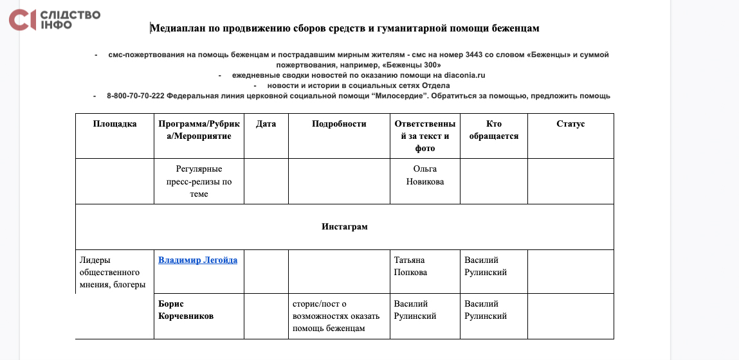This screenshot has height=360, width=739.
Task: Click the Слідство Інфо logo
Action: point(54,20)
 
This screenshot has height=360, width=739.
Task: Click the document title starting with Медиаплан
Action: point(344,28)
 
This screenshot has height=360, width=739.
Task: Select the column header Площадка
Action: point(114,124)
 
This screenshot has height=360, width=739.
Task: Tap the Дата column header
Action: point(266,124)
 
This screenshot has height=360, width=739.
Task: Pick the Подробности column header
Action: point(339,124)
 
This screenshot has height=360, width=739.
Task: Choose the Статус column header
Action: point(570,124)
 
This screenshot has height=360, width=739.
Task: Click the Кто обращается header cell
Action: point(493,130)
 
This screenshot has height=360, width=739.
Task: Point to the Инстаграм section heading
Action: point(344,226)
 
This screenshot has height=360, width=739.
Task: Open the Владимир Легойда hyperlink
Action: point(197,260)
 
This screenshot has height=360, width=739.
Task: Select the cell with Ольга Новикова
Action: point(424,175)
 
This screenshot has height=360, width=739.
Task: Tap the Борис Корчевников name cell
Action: point(186,310)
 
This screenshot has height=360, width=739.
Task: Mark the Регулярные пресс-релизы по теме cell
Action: point(199,181)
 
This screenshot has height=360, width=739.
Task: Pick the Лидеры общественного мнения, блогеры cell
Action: point(112,272)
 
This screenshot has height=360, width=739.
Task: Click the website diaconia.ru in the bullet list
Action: point(464,75)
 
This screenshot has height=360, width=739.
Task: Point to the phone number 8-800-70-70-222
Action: point(136,96)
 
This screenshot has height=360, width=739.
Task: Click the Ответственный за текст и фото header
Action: point(425,136)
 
